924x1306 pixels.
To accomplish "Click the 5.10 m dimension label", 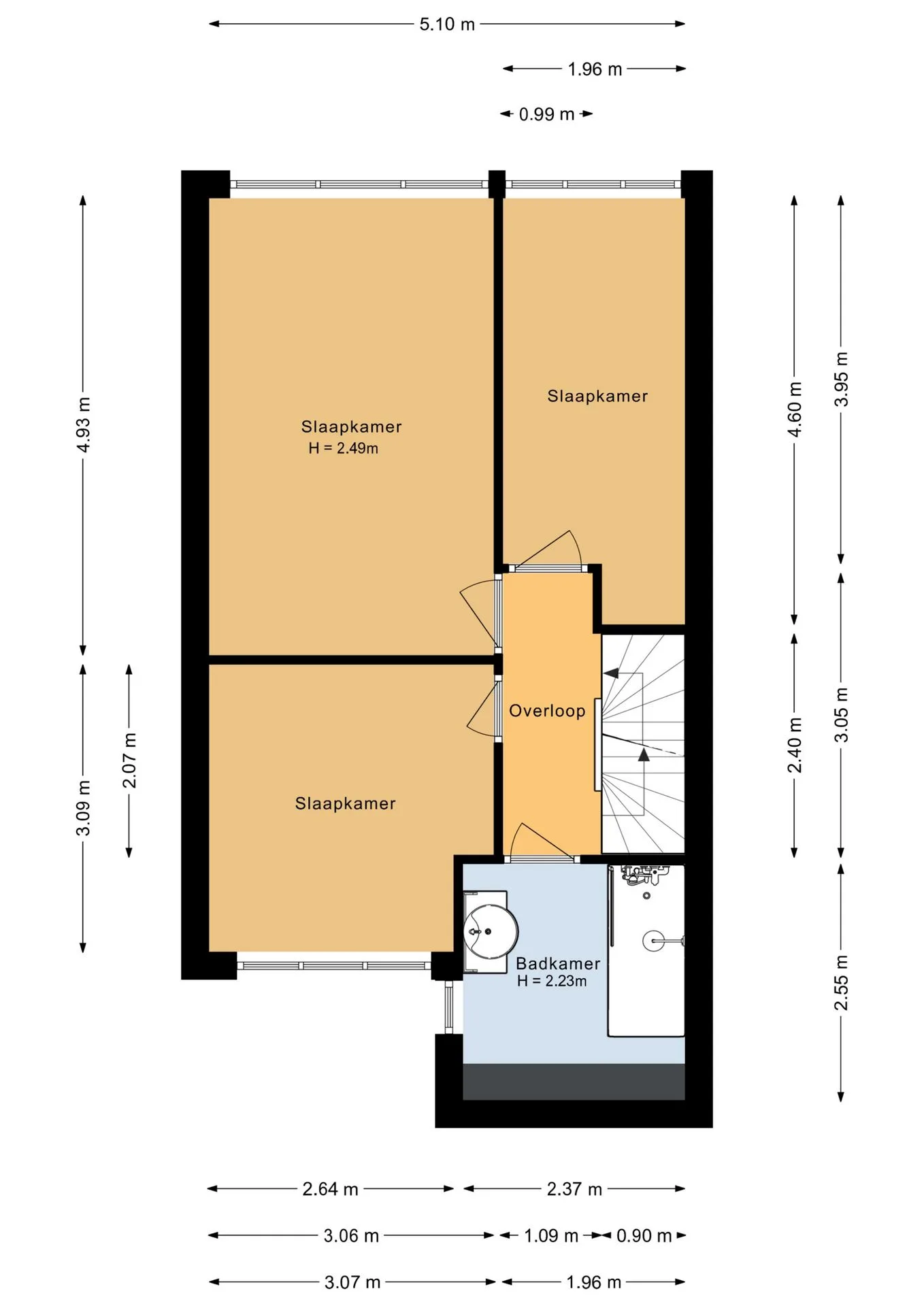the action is [x=447, y=24].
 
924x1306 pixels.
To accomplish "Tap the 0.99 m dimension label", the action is [x=546, y=114].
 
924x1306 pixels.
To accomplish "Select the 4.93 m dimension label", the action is [x=83, y=425].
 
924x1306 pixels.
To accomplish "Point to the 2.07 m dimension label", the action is [x=129, y=760].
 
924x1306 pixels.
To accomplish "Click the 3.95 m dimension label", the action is [x=842, y=380].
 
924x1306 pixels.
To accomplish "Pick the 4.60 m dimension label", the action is [x=795, y=409].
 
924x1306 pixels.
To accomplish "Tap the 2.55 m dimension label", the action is [x=842, y=983].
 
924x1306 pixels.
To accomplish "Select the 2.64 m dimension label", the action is [x=330, y=1189].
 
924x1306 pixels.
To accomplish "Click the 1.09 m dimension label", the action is [x=551, y=1236].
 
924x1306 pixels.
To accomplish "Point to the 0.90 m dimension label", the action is [x=644, y=1236].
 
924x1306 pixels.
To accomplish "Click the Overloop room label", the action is [x=547, y=711].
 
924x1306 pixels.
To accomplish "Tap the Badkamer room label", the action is [x=558, y=964].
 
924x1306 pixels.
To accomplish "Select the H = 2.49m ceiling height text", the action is [x=343, y=448].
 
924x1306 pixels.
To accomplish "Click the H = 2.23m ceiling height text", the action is [x=552, y=981].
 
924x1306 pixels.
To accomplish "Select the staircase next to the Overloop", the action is [x=643, y=744].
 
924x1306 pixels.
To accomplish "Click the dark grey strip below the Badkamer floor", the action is [x=574, y=1082].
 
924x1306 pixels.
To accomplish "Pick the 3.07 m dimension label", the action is [x=352, y=1283].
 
